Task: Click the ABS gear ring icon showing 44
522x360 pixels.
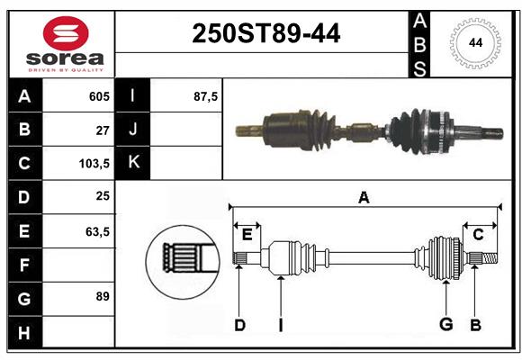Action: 473,42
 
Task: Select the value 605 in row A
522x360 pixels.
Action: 98,96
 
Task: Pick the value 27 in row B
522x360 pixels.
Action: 102,130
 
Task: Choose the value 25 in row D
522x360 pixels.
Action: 102,197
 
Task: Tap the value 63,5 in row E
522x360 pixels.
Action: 96,231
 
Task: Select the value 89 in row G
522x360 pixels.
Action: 102,296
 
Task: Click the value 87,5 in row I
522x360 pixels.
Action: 205,96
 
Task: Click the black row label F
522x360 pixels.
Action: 24,265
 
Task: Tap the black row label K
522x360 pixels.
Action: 133,163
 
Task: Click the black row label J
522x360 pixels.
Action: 133,130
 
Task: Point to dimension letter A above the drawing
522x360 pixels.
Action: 364,197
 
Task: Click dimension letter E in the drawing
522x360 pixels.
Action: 247,234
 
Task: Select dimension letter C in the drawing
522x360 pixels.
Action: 479,234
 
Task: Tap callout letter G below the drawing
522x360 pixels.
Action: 445,325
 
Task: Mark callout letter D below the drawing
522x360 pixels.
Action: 239,325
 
